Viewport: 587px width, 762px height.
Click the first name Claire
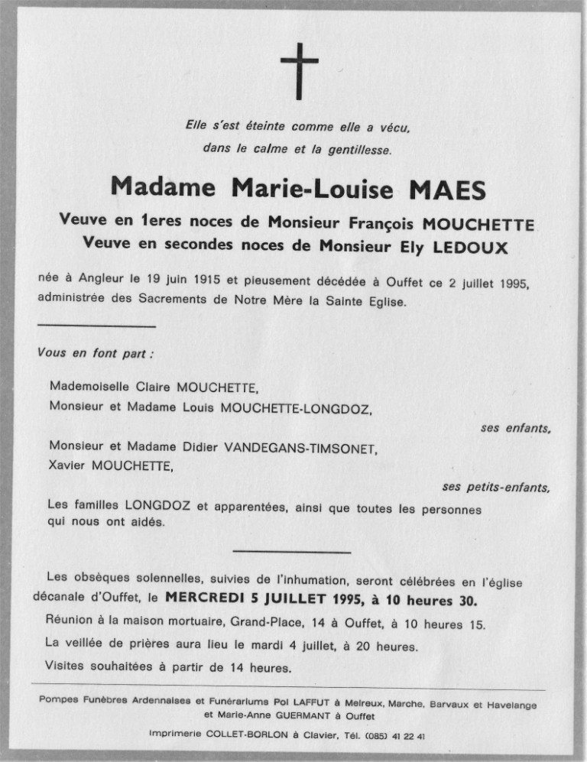[151, 387]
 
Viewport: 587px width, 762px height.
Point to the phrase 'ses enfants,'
[516, 429]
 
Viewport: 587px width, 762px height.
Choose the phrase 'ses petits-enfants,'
[496, 486]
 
